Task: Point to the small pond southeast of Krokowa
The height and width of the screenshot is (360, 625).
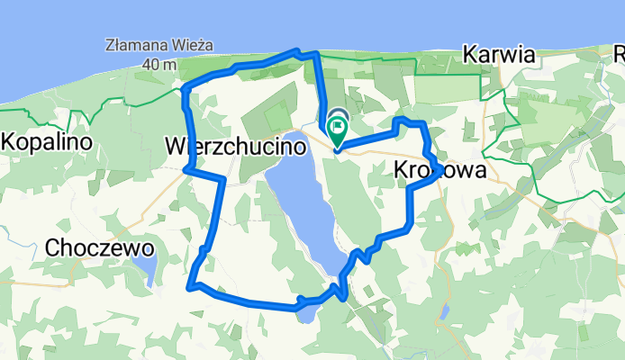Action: click(x=445, y=311)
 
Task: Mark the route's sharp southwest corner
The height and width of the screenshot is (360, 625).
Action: click(x=190, y=287)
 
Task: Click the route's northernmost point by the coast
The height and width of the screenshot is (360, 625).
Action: click(x=295, y=51)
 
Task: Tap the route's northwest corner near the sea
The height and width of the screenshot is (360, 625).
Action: click(x=186, y=89)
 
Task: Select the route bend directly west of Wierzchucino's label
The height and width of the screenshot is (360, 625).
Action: click(x=186, y=167)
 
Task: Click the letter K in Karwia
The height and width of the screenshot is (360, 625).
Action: click(x=469, y=55)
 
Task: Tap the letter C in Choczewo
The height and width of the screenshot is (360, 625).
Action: click(x=52, y=247)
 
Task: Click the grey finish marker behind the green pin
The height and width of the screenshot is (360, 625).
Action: click(x=340, y=118)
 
